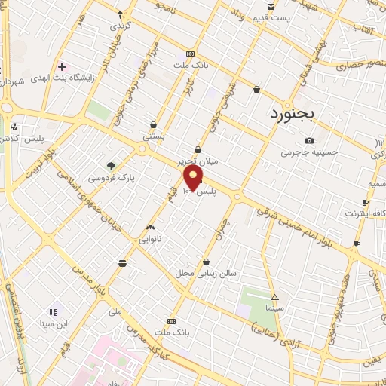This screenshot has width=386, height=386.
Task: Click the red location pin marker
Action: [x=194, y=178]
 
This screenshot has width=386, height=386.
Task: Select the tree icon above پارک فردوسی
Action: [x=112, y=166]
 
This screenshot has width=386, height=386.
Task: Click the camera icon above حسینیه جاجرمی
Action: [x=309, y=140]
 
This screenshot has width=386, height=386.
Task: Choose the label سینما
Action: [x=274, y=309]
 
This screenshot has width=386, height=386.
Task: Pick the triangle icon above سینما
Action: [x=274, y=297]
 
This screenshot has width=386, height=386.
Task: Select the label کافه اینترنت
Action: [x=366, y=215]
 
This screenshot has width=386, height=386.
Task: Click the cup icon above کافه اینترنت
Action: [x=366, y=202]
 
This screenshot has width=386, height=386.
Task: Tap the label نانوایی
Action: [x=149, y=239]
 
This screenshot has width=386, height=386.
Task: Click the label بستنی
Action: [x=154, y=138]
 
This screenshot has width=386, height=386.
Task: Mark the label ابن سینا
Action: [x=53, y=325]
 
